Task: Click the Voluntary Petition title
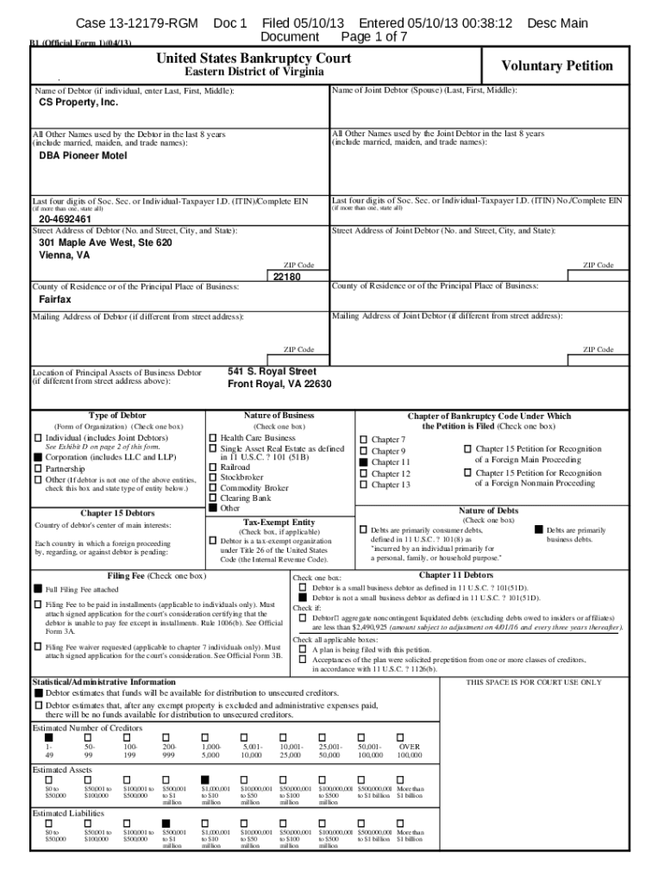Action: (557, 66)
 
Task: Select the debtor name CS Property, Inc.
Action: (78, 102)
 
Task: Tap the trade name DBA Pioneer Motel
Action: (83, 156)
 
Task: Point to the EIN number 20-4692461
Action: (66, 219)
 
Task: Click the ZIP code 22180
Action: (285, 277)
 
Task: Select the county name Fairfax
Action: (54, 299)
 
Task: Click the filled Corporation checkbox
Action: (38, 457)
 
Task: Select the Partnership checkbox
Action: (38, 468)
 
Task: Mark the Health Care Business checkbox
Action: (213, 438)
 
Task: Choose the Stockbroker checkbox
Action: (213, 476)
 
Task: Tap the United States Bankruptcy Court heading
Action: (253, 58)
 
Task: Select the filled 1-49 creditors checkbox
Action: (48, 737)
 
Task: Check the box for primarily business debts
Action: (539, 529)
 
